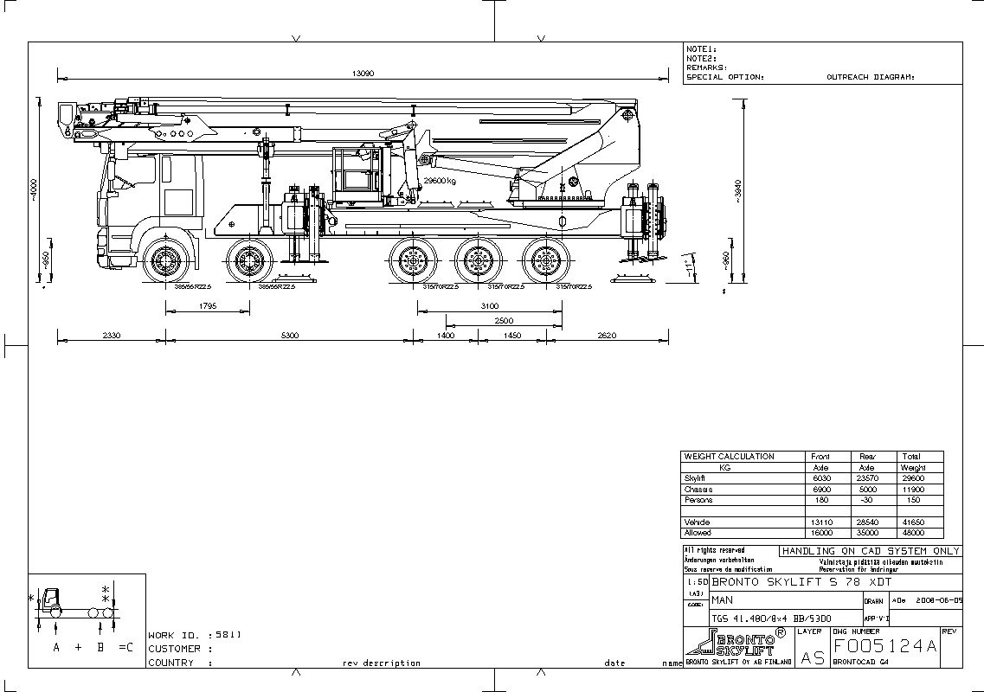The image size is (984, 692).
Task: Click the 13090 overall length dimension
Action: click(363, 74)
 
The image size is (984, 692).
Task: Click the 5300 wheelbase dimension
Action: click(289, 335)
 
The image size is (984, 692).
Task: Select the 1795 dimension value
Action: click(208, 305)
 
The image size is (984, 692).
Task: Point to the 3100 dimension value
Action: click(489, 305)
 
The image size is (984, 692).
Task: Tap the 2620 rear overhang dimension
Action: click(607, 335)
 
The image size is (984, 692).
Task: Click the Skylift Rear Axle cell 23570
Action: click(866, 478)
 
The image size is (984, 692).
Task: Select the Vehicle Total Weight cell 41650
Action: click(913, 522)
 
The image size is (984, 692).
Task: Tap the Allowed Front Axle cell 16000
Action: click(820, 533)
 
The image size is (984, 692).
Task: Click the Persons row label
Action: click(698, 500)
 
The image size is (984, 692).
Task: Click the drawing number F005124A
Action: click(884, 646)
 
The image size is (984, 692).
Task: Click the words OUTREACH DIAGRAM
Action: click(871, 77)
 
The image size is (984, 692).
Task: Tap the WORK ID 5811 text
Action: click(195, 635)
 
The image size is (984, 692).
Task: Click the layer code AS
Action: click(812, 657)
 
